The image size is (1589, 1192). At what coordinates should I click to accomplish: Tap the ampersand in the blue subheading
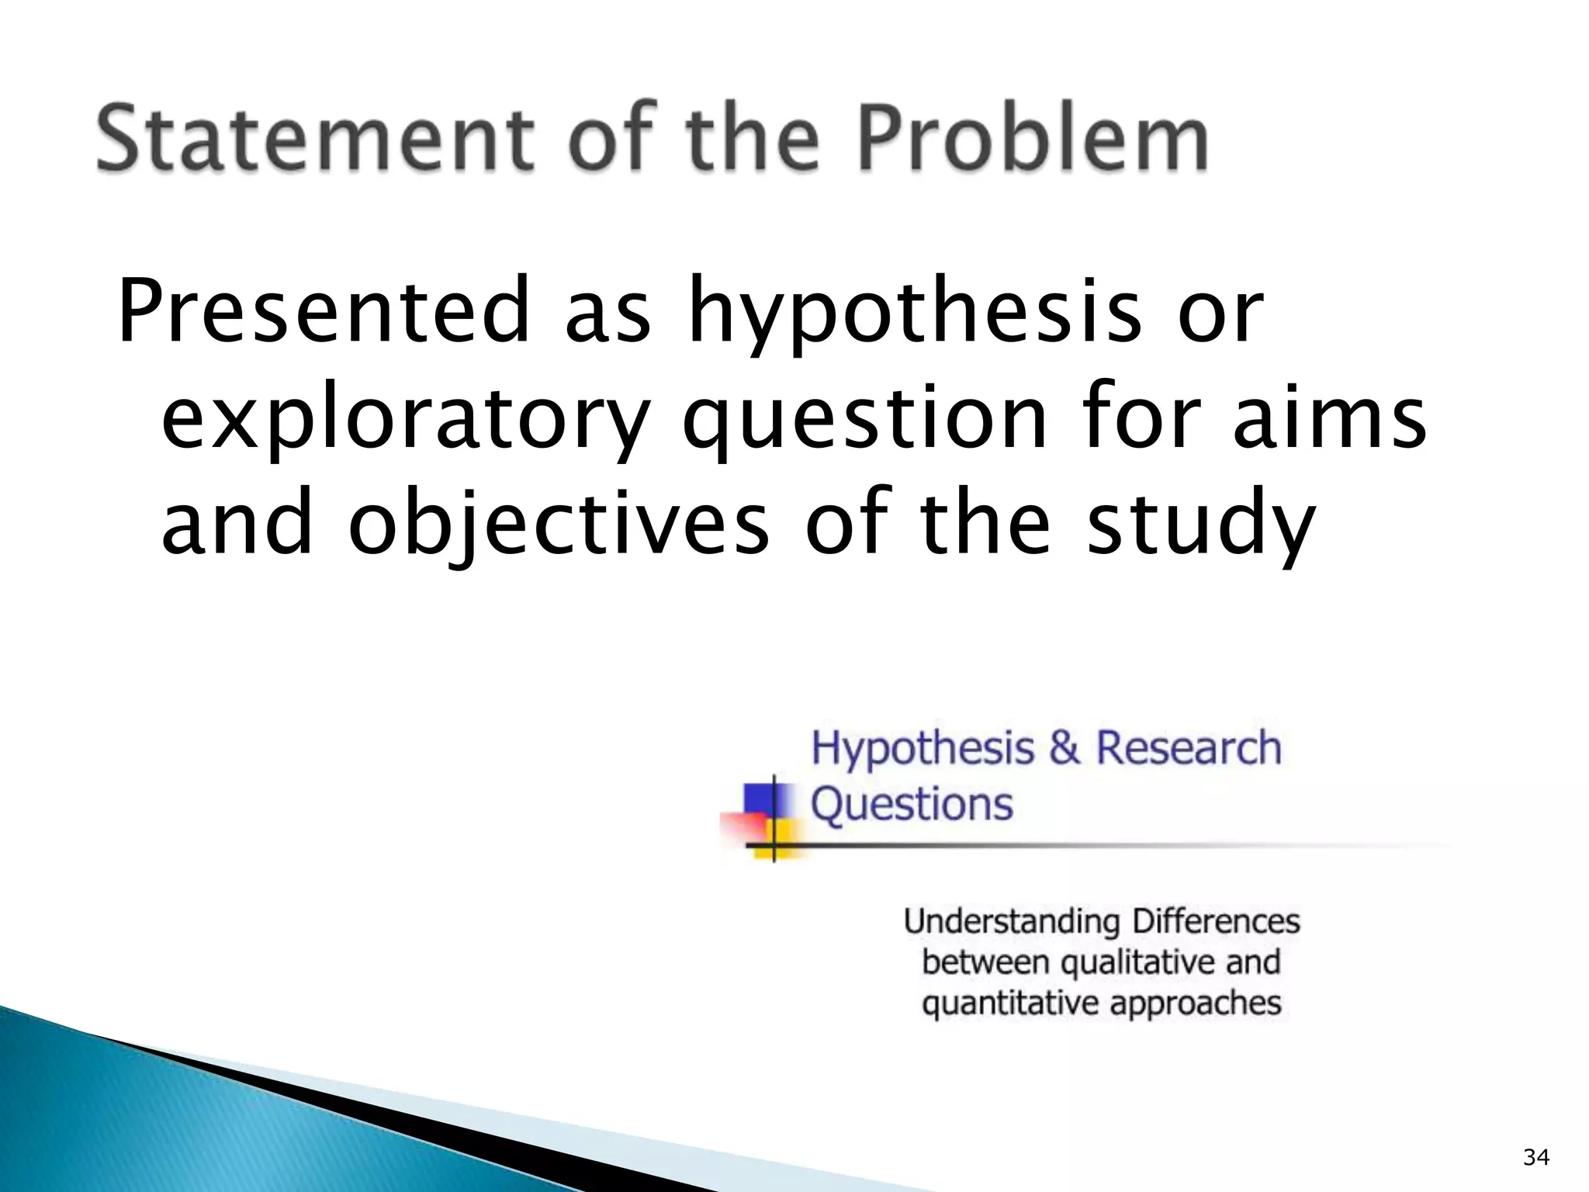coord(1065,749)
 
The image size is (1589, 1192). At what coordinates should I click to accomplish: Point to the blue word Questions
coord(912,804)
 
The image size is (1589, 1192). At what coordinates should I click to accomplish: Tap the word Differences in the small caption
coord(1215,921)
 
